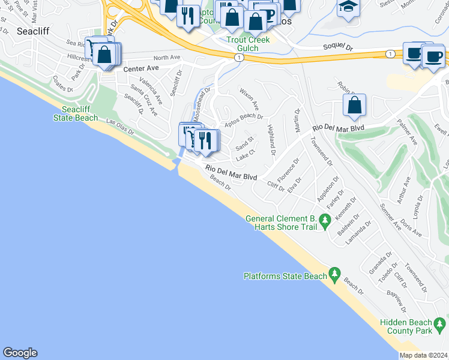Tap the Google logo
click(20, 353)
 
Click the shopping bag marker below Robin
click(354, 105)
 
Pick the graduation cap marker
click(348, 8)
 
